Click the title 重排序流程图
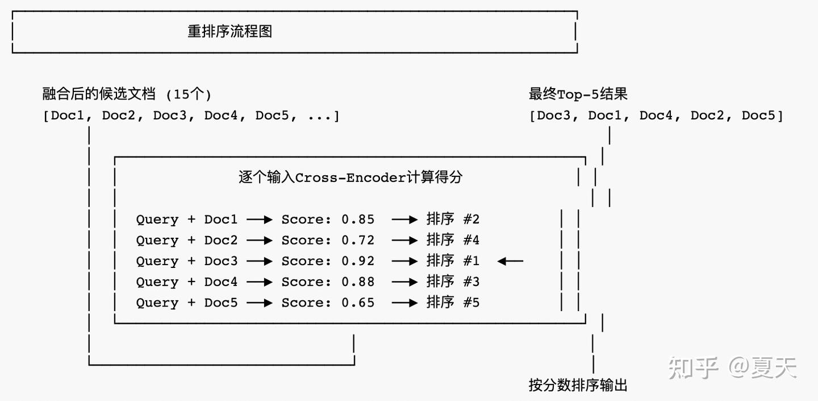[x=230, y=31]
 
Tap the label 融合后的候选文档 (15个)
[x=127, y=94]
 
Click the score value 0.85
[x=358, y=220]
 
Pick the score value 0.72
[x=358, y=240]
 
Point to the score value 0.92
[x=358, y=261]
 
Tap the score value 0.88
[x=358, y=282]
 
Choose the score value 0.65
[x=358, y=303]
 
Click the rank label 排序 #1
[x=453, y=261]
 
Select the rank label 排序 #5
[x=453, y=303]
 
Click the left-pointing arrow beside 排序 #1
[x=510, y=261]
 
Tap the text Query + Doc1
[x=187, y=220]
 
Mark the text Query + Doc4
[x=187, y=282]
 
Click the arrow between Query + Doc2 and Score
[x=260, y=240]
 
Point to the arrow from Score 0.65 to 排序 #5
[x=405, y=303]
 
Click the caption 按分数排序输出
[x=578, y=386]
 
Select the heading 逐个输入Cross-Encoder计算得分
[x=350, y=177]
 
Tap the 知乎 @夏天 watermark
[x=732, y=368]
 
